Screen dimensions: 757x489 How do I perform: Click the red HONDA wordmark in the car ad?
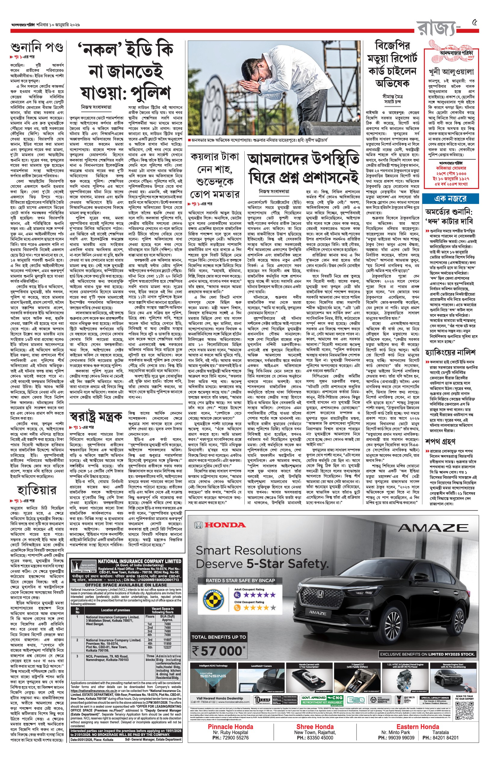tap(225, 525)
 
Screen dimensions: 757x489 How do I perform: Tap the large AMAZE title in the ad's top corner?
tap(433, 528)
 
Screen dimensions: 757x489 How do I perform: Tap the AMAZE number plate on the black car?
tap(317, 613)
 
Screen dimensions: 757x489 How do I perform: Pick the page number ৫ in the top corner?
tap(474, 23)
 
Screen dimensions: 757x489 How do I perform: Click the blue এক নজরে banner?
tap(451, 199)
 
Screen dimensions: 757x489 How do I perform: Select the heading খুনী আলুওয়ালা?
tap(451, 72)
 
